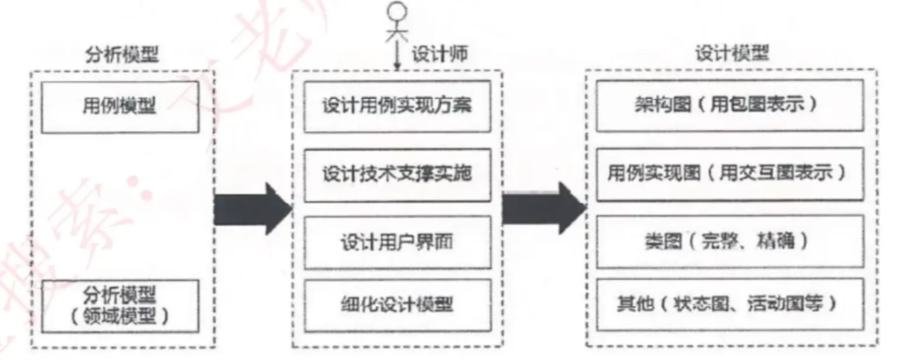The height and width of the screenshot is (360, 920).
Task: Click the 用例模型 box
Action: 120,107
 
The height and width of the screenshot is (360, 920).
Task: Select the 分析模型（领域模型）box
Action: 120,306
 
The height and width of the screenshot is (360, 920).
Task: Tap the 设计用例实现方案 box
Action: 397,106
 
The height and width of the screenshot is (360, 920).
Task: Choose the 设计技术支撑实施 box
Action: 397,175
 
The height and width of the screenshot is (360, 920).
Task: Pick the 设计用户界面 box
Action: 397,242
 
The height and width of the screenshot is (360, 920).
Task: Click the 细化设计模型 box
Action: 397,305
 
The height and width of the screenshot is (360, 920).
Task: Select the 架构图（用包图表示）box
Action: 730,105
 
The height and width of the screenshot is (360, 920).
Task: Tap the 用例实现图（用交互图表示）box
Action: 730,174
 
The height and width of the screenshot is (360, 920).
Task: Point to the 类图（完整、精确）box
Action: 730,241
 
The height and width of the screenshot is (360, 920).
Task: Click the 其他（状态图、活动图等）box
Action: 730,304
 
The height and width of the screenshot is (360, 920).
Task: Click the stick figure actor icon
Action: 397,22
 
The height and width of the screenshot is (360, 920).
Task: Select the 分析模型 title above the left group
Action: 122,54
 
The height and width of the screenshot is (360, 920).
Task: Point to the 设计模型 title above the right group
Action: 732,53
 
